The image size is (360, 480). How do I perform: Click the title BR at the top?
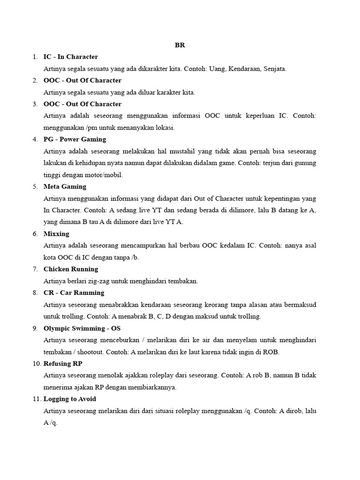coord(180,45)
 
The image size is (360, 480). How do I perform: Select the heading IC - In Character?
coord(70,57)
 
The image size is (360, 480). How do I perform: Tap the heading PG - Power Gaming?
coord(75,139)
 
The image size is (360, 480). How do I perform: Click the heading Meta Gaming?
coord(65,187)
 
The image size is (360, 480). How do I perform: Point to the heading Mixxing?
coord(56,233)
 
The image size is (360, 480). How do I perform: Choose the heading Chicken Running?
coord(71,269)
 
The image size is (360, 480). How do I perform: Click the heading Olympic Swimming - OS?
coord(82,328)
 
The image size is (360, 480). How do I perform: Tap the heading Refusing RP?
coord(63,363)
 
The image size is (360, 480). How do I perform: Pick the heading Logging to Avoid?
coord(70,399)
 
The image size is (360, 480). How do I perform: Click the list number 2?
coord(35,81)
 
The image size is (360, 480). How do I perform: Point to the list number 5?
coord(35,187)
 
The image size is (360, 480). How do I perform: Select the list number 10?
coord(37,363)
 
